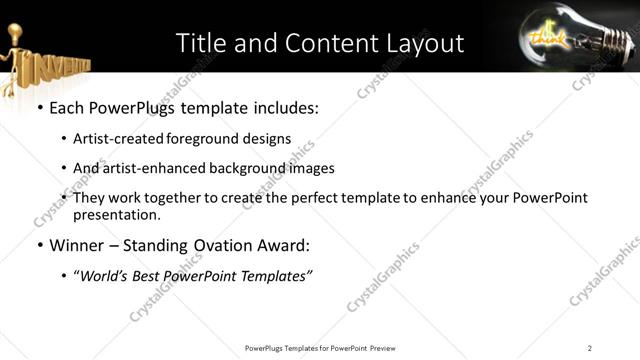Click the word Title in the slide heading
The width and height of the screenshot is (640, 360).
[200, 43]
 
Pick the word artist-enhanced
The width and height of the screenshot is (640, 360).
[146, 168]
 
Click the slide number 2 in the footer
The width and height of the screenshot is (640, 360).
[590, 347]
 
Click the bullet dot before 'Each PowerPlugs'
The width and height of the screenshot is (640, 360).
[39, 107]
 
